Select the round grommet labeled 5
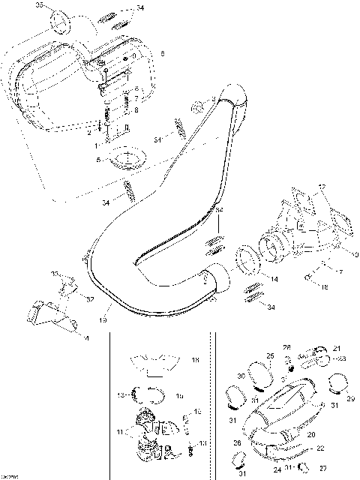click(x=128, y=160)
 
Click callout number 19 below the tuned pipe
click(x=103, y=319)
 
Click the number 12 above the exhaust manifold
click(x=322, y=186)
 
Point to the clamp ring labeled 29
click(x=336, y=385)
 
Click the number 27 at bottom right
click(x=323, y=469)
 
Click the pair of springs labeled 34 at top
click(x=109, y=15)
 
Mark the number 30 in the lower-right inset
click(x=241, y=376)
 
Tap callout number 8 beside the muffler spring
click(x=136, y=109)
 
